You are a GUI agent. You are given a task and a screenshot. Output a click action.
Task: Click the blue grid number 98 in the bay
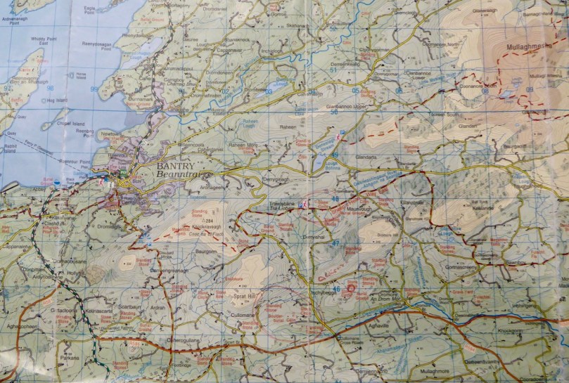tap(51, 88)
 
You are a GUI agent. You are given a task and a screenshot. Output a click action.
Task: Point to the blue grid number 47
tap(335, 244)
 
